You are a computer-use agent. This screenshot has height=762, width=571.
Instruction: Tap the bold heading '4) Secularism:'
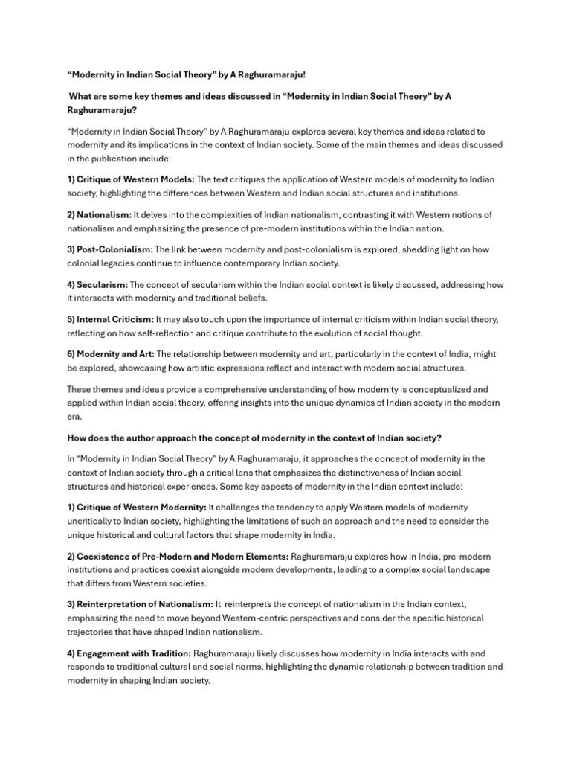97,284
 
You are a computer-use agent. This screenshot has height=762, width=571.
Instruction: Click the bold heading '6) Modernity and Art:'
111,354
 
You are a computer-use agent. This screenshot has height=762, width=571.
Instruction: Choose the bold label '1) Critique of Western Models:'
131,179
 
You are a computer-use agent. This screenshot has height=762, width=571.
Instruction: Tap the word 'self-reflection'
179,333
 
